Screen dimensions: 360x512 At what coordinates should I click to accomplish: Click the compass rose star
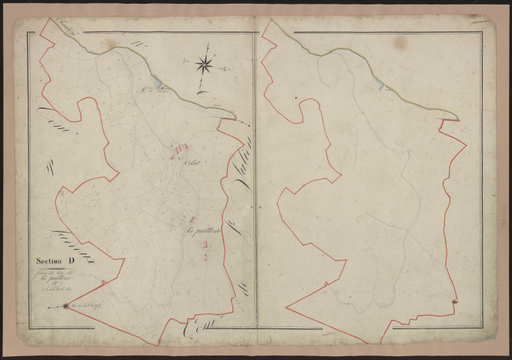click(x=205, y=65)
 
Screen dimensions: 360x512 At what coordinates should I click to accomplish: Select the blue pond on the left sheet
click(x=156, y=83)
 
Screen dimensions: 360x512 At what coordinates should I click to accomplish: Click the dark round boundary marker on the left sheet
click(x=66, y=305)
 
